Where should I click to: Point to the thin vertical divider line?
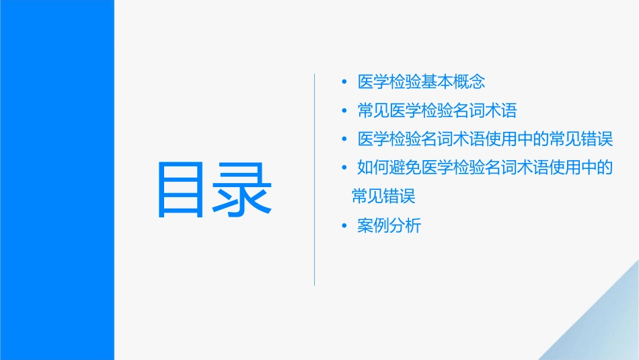[x=315, y=179]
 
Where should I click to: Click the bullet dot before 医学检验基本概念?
[x=344, y=82]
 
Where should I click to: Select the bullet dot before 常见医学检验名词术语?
[x=344, y=111]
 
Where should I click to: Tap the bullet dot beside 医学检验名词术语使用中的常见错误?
[x=344, y=139]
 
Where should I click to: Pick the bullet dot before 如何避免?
[x=344, y=168]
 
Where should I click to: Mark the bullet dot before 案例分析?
[x=344, y=226]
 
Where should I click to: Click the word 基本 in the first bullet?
[x=438, y=82]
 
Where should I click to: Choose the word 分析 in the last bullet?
[x=406, y=226]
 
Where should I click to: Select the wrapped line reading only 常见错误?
[x=383, y=196]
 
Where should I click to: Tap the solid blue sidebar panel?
[x=57, y=180]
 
